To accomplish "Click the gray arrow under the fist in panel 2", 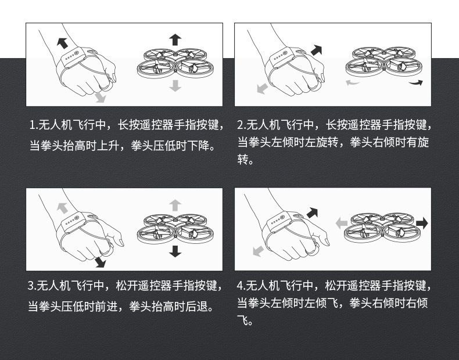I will [263, 88].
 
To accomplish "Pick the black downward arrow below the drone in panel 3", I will [175, 251].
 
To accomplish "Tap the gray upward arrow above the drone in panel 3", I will [175, 205].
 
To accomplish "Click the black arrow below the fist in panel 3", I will [100, 262].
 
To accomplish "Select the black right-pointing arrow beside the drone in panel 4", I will [422, 223].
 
